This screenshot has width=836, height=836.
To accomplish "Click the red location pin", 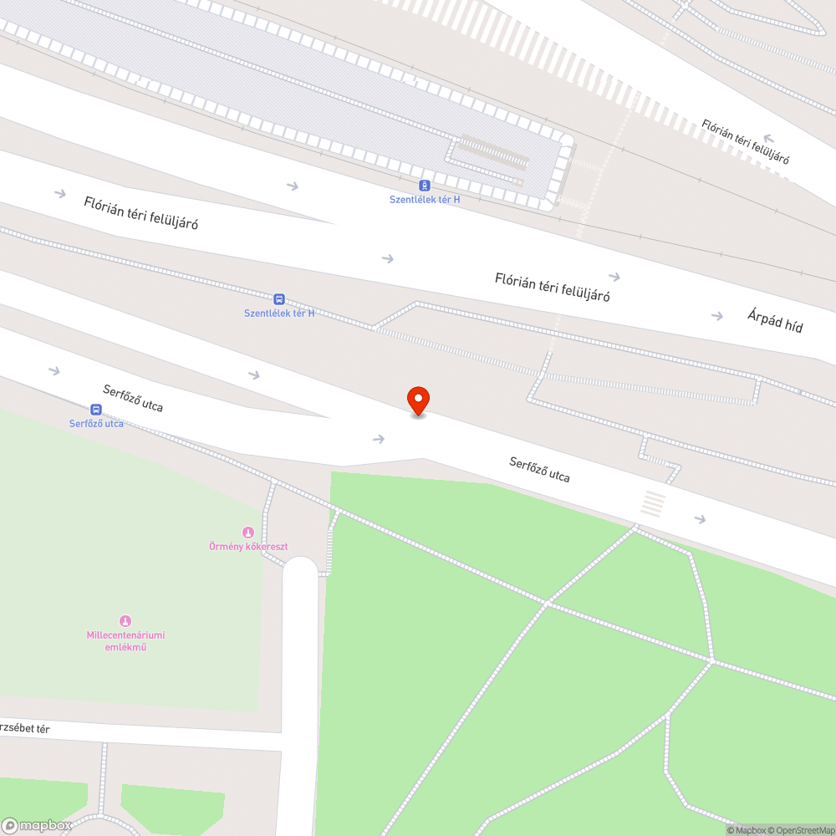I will coord(418,400).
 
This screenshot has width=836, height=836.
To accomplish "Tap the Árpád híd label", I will coord(775,321).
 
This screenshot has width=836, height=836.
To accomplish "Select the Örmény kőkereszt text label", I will coord(248,547).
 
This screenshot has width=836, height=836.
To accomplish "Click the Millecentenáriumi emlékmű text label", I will coord(125,641).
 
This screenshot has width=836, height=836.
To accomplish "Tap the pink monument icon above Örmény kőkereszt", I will coord(247,533).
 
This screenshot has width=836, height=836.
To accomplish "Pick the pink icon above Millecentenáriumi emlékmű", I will coord(125,620).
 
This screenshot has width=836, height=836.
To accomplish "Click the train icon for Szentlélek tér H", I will coord(425,186).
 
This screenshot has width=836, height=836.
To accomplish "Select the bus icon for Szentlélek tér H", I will coord(279,299).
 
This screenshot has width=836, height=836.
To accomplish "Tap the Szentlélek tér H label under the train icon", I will coord(425,200).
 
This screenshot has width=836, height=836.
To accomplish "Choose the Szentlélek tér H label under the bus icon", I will coord(279,313).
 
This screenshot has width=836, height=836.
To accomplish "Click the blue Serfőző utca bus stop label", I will coord(96,424).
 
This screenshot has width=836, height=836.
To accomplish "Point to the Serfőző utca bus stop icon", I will coord(96,410).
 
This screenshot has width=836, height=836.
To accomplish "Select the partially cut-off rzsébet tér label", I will coord(24,729).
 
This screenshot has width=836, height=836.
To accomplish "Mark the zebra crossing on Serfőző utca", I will coord(654,504).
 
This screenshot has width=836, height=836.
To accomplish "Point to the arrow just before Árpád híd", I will coord(716,316).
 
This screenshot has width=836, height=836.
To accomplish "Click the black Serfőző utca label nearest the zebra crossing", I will coord(539,469).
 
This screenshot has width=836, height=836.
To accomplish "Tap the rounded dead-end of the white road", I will coord(300,573).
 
